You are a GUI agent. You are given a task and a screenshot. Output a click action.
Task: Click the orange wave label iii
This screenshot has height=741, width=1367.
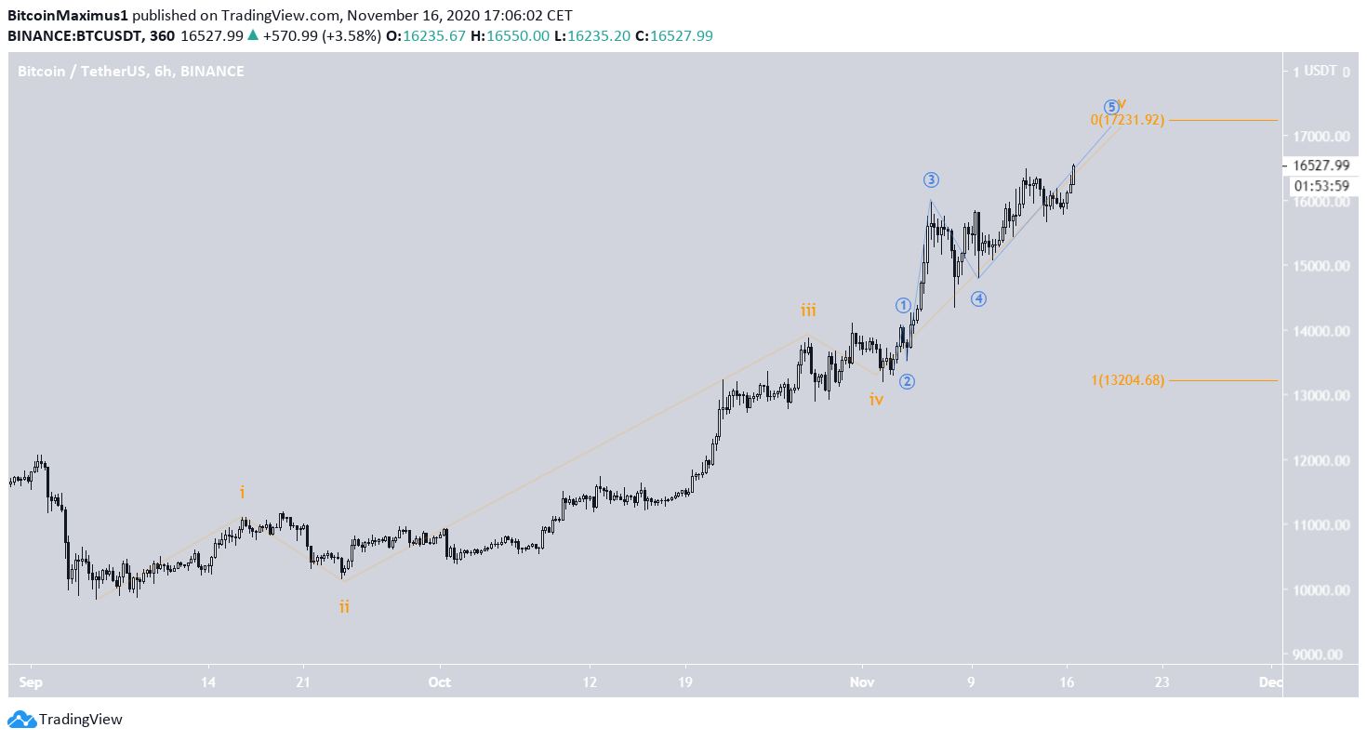pyautogui.click(x=809, y=311)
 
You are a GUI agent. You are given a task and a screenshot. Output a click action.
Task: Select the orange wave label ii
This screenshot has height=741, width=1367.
pyautogui.click(x=344, y=607)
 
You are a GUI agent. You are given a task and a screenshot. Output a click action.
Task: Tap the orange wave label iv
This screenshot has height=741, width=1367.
pyautogui.click(x=876, y=400)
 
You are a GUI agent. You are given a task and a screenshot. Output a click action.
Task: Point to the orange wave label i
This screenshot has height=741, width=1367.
pyautogui.click(x=242, y=492)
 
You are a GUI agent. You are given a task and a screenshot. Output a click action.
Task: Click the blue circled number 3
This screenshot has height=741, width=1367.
pyautogui.click(x=931, y=179)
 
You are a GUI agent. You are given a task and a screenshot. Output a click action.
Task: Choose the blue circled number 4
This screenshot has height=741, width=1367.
pyautogui.click(x=978, y=298)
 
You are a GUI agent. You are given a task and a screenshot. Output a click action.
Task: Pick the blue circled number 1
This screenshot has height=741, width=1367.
pyautogui.click(x=903, y=305)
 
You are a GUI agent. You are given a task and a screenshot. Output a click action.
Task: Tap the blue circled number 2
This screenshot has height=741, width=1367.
pyautogui.click(x=908, y=380)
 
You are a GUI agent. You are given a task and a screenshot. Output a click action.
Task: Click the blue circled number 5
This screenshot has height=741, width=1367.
pyautogui.click(x=1110, y=106)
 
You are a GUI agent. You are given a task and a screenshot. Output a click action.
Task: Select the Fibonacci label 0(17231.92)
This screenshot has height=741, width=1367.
pyautogui.click(x=1127, y=120)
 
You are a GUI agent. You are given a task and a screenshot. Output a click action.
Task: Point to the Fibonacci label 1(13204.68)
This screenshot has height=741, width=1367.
pyautogui.click(x=1127, y=380)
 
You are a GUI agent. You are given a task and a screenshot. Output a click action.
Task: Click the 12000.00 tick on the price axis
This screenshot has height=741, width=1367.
pyautogui.click(x=1317, y=461)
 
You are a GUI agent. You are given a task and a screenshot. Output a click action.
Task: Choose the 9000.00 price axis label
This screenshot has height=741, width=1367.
pyautogui.click(x=1317, y=655)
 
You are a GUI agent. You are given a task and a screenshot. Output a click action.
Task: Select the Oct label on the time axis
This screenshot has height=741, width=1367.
pyautogui.click(x=440, y=681)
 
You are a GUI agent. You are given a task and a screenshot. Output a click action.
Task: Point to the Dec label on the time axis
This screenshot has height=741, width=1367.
pyautogui.click(x=1270, y=681)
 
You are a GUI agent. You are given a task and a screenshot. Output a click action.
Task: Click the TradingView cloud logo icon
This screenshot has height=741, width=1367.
pyautogui.click(x=21, y=719)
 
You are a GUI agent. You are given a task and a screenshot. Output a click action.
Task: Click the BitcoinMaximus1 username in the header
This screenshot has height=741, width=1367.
pyautogui.click(x=67, y=16)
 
